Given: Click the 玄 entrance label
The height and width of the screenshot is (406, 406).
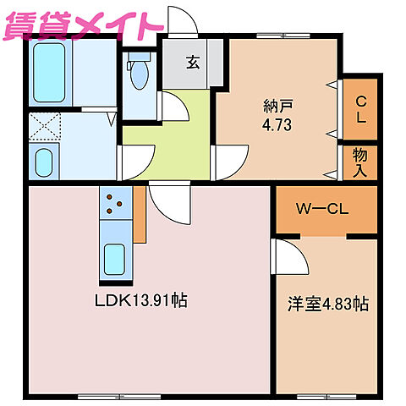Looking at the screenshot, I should click(192, 62).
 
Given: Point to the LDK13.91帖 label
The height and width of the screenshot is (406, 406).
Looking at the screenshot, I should click(140, 300).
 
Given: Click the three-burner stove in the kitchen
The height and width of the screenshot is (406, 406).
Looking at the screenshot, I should click(114, 203).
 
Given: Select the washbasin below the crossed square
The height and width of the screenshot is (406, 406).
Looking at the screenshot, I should click(44, 160).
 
